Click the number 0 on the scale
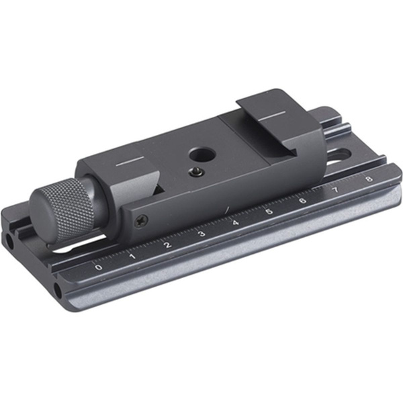tap(99, 267)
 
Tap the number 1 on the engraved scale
tap(132, 255)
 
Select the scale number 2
tap(167, 244)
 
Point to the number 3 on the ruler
tap(201, 233)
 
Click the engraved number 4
tap(235, 222)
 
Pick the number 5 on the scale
tap(269, 212)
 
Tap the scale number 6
tap(302, 201)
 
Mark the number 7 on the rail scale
tap(335, 190)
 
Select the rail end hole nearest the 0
tap(58, 290)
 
